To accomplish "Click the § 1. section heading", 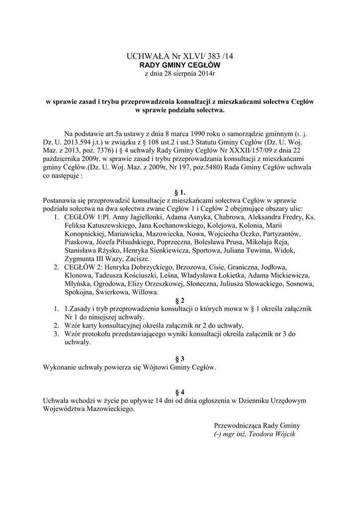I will click(180, 191).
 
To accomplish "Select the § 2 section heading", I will click(180, 300).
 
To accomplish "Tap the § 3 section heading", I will click(180, 359).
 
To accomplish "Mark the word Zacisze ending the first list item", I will click(137, 259).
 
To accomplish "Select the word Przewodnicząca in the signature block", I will click(236, 426).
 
